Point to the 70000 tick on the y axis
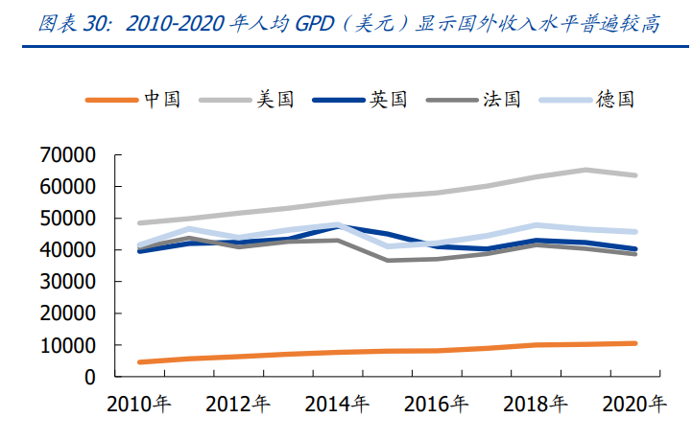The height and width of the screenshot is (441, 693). (68, 155)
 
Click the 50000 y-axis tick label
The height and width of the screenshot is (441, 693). (68, 219)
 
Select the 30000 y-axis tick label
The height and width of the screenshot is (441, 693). (68, 282)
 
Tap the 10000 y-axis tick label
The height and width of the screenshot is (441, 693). (68, 345)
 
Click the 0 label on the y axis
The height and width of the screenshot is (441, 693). (89, 377)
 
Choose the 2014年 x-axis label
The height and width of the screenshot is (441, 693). (338, 404)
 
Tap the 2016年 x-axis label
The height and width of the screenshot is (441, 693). (437, 404)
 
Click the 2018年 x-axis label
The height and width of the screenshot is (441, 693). (536, 404)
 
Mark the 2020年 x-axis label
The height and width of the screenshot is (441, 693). (634, 404)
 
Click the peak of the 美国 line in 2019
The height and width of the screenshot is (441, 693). (585, 171)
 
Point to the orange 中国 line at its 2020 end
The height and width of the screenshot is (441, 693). (633, 343)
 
